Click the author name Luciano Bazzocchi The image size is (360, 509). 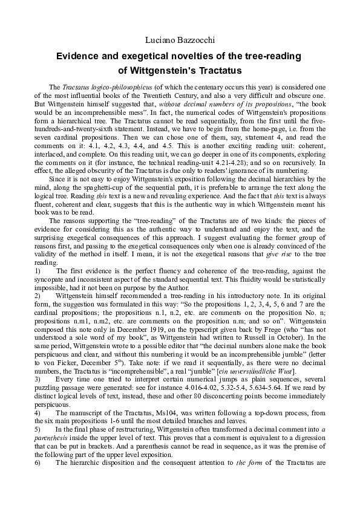tap(180, 40)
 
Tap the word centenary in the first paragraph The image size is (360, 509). tap(188, 88)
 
